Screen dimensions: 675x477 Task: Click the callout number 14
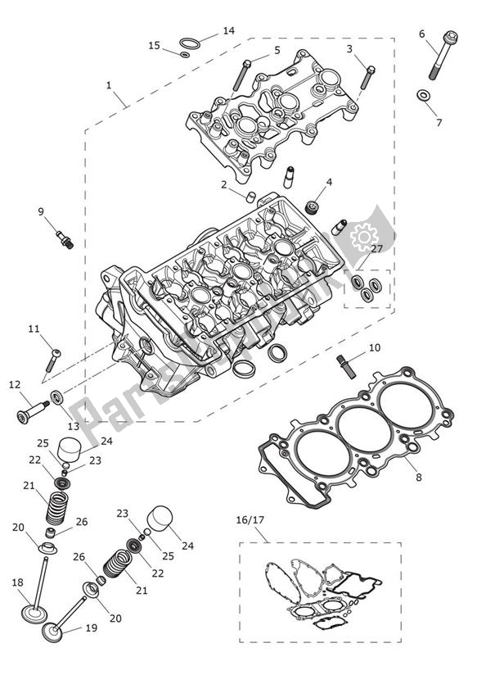[228, 31]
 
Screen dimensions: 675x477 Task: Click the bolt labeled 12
[28, 411]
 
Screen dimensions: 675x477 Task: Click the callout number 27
[376, 248]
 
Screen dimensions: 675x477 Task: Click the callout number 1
[110, 85]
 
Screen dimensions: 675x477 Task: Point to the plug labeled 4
[313, 204]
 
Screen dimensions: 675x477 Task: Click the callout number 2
[223, 184]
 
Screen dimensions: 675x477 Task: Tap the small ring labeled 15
[185, 55]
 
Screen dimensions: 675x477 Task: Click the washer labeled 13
[58, 399]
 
